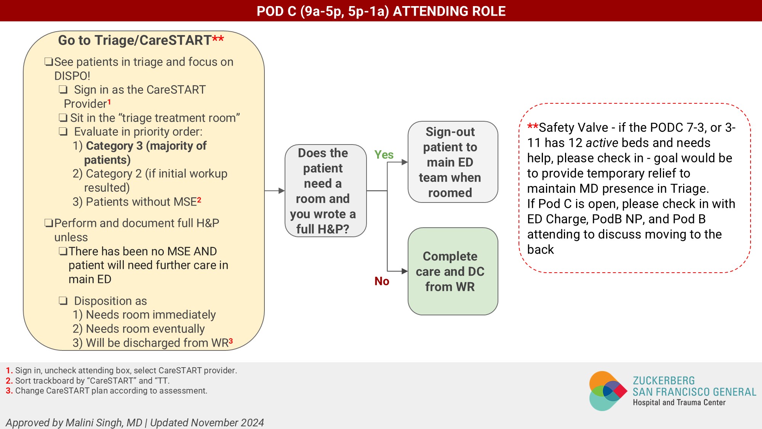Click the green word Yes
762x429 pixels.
point(384,155)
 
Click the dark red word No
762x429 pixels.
point(382,281)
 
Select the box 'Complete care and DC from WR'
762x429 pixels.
point(453,271)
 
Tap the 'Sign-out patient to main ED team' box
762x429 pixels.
point(453,162)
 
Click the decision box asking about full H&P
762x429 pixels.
point(325,191)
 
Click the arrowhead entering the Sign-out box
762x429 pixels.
point(405,162)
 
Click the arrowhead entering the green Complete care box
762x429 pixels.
point(405,271)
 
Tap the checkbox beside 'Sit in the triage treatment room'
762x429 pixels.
point(63,118)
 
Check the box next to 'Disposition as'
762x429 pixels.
point(63,301)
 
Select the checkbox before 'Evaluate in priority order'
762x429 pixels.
point(63,132)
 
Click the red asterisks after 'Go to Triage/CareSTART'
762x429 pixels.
point(218,39)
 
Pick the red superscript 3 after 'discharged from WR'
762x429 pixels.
point(231,341)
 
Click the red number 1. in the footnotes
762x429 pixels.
point(9,370)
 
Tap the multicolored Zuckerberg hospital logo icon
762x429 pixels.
point(607,391)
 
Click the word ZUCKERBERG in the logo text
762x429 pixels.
point(663,381)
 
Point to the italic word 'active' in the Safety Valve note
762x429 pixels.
point(602,143)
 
